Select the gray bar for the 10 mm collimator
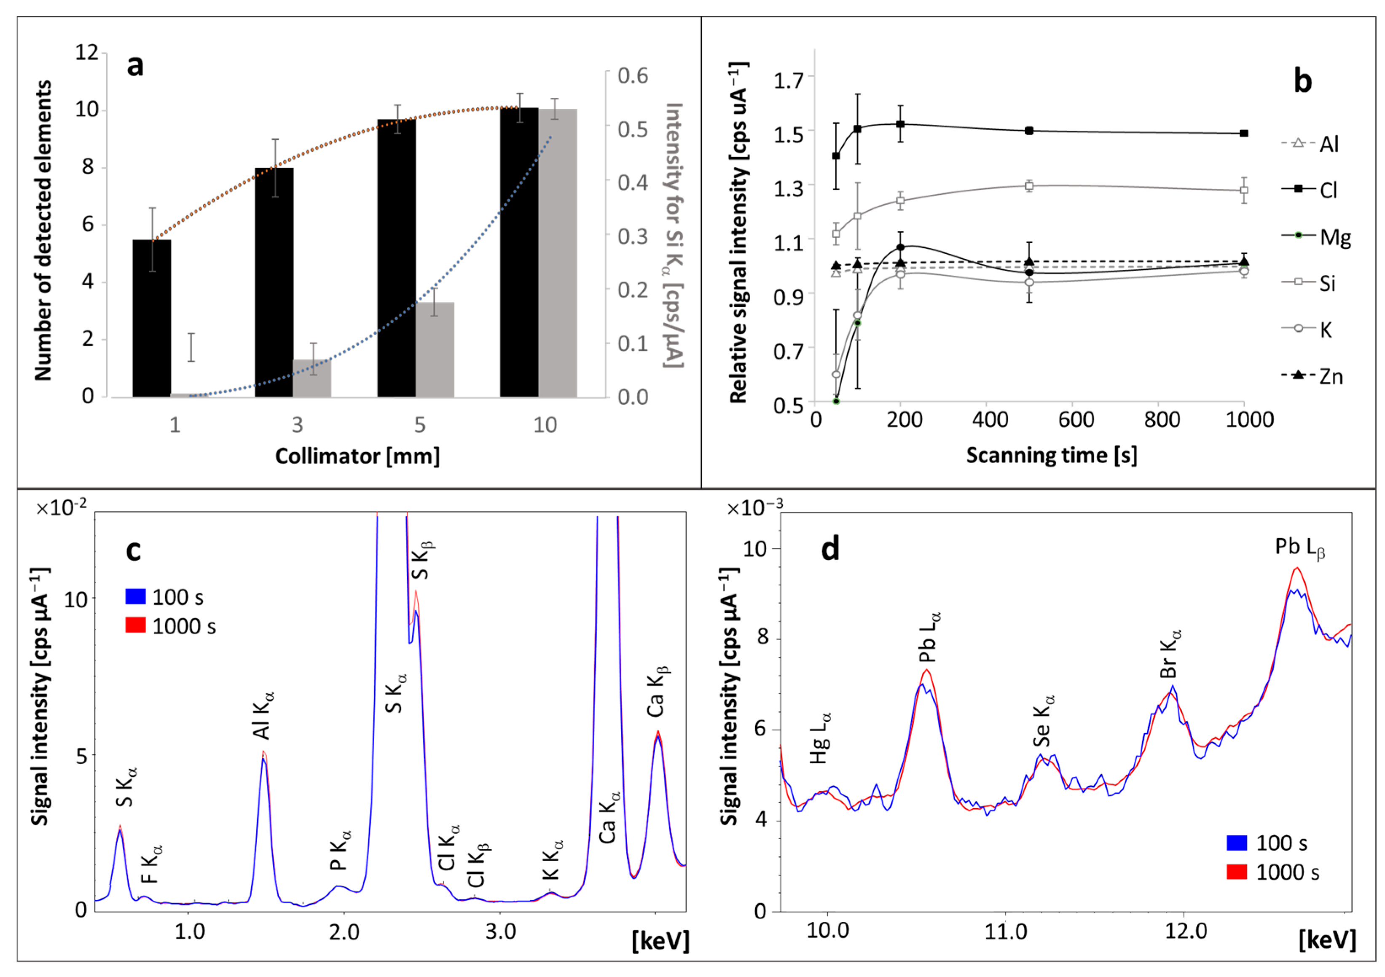coord(557,253)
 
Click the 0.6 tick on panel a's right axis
coord(632,76)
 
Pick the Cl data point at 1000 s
coord(1244,133)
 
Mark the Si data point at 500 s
coord(1029,186)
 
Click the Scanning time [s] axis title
coord(1052,455)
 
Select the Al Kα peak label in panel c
coord(263,715)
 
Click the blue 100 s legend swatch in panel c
coord(136,596)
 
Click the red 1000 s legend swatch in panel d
coord(1237,872)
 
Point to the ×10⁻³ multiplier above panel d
coord(754,508)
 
